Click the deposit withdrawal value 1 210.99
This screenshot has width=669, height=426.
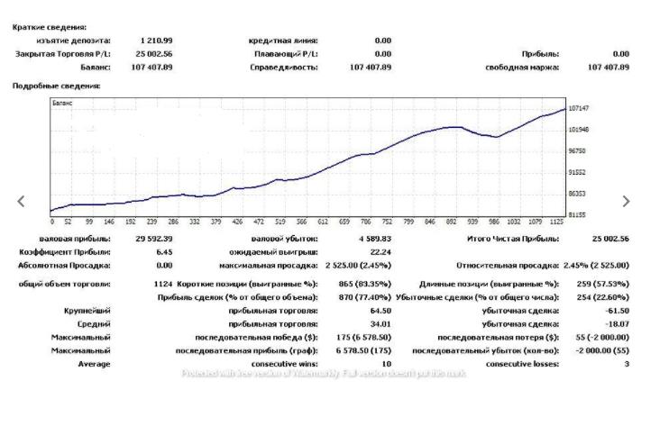[156, 41]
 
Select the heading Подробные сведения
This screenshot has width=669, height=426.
[56, 86]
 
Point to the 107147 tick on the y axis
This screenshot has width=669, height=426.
[578, 108]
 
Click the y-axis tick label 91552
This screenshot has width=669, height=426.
[577, 172]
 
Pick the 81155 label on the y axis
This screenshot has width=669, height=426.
[577, 214]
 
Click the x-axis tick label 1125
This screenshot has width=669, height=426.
[558, 221]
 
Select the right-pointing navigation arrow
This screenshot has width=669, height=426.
[627, 202]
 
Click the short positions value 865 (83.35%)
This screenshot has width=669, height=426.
[359, 283]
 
